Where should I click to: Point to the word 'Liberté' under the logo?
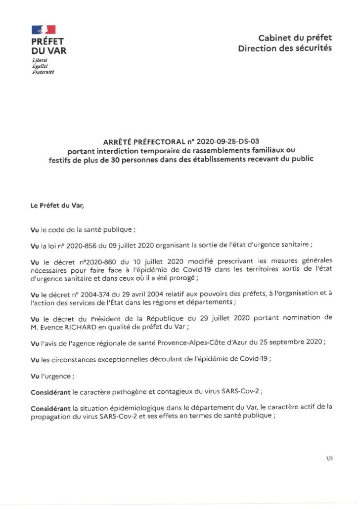coord(39,60)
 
